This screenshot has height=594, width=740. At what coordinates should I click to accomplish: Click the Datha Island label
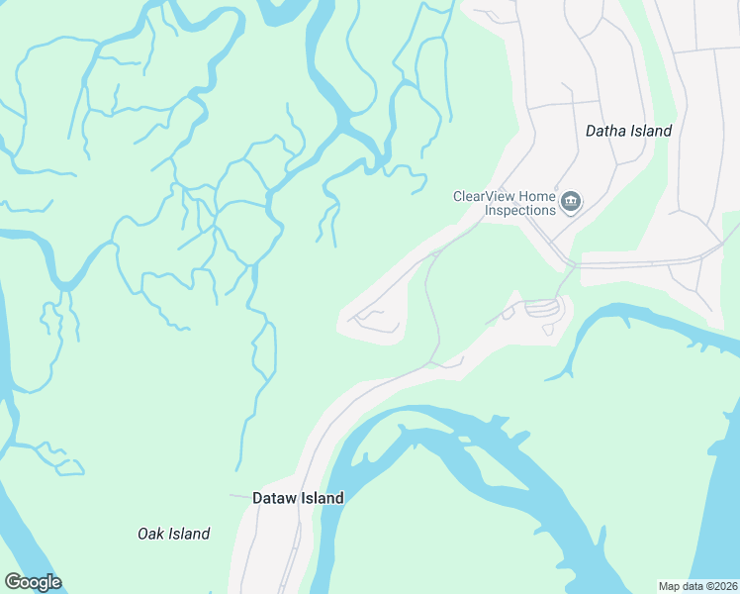coord(628,131)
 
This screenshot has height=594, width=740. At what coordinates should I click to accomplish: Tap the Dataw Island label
coord(298,498)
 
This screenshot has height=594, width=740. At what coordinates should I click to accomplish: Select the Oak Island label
coord(173,534)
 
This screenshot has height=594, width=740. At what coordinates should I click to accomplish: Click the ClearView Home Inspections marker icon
coord(571,203)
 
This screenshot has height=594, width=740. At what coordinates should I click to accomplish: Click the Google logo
coord(33,582)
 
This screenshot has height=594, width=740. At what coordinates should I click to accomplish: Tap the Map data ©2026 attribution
coord(697,585)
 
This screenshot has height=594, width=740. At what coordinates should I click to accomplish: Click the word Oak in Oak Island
coord(150,534)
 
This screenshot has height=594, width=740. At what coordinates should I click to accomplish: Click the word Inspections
coord(519,210)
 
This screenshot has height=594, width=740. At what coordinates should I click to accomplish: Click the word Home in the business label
coord(536,196)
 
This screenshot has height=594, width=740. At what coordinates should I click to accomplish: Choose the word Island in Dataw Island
coord(323,498)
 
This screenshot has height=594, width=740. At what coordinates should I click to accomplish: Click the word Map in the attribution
coord(670,585)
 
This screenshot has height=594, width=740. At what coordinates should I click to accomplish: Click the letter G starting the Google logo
coord(13,582)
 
